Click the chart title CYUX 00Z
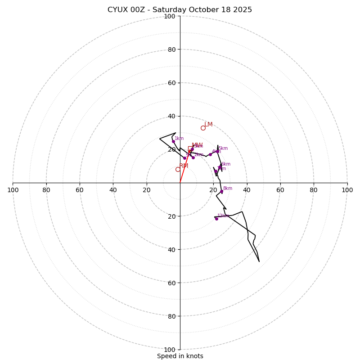point(180,10)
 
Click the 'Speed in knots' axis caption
point(180,356)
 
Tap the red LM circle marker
point(203,128)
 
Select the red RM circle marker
point(178,169)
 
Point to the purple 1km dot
point(173,141)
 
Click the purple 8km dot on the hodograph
point(221,191)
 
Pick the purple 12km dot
point(216,219)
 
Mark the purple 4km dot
point(210,154)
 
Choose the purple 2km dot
point(193,157)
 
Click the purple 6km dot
point(220,167)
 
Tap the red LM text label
point(208,125)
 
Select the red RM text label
point(184,166)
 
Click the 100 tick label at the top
point(169,17)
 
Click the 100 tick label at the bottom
point(169,350)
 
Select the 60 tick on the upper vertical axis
point(171,83)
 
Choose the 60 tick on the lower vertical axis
point(171,283)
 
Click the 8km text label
point(228,189)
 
